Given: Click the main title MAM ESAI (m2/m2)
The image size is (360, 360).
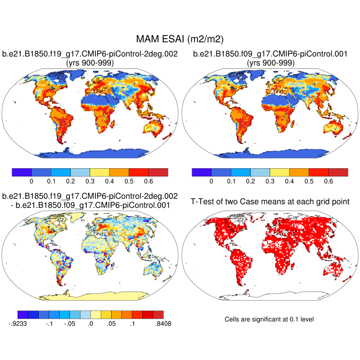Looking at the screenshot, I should (x=180, y=39).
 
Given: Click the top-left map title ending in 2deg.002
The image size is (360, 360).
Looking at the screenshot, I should (x=90, y=54).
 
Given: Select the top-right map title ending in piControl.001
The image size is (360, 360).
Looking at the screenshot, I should (x=270, y=54).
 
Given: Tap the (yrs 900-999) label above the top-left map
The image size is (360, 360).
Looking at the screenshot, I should (x=90, y=63).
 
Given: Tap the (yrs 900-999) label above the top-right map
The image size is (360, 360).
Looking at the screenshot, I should (x=270, y=63).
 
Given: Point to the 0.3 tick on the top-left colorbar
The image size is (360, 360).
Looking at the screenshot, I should (x=90, y=181).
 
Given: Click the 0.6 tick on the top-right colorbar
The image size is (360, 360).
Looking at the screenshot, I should (x=328, y=181).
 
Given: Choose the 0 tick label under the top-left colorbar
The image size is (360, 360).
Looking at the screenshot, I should (x=31, y=181).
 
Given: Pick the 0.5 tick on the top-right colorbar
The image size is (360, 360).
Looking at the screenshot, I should (x=309, y=181).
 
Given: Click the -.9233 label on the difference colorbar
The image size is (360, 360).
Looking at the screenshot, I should (x=18, y=323).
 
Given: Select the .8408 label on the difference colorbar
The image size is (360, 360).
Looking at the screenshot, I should (x=163, y=323).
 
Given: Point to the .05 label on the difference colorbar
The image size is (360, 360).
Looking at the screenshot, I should (x=112, y=323).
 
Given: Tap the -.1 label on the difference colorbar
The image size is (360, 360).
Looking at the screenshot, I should (x=49, y=323).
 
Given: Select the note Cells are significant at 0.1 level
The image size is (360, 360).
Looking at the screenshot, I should (x=269, y=319).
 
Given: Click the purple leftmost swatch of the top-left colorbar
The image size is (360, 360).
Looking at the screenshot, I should (x=21, y=172).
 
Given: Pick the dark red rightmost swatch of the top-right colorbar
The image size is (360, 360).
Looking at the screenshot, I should (x=338, y=172).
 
